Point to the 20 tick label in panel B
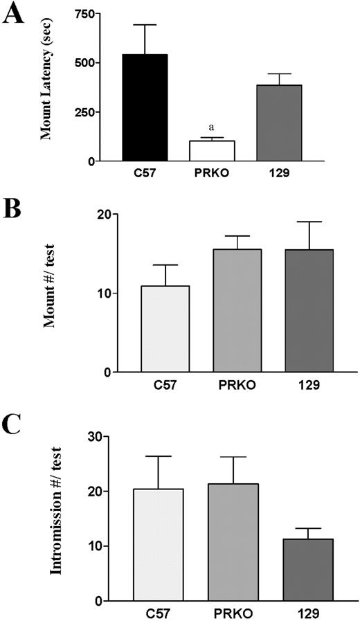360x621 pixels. [105, 215]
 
